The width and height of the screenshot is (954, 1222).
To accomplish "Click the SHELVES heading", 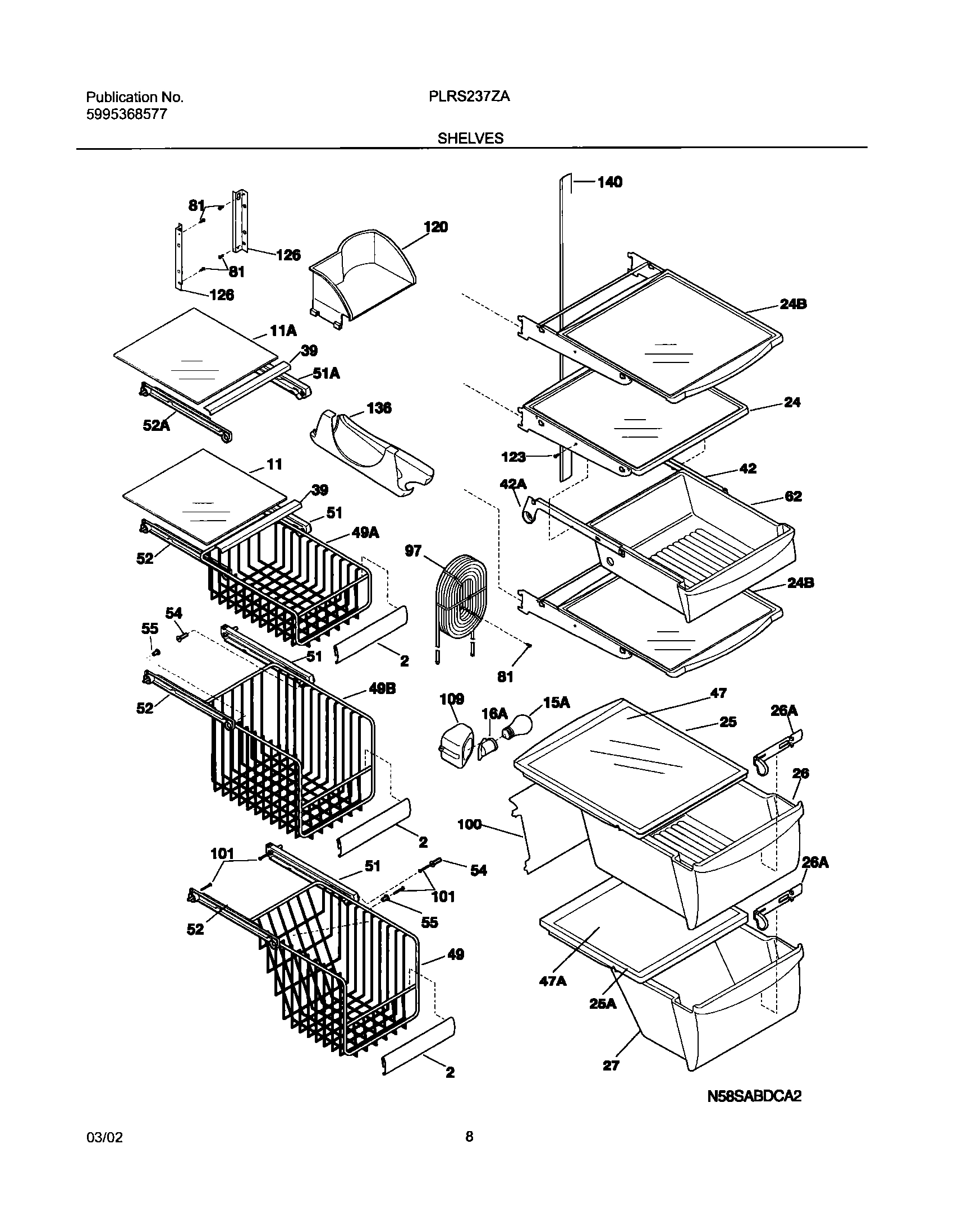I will [x=470, y=138].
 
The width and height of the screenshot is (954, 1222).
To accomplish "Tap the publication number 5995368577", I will [x=126, y=114].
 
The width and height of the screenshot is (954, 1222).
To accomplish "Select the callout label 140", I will [x=609, y=182].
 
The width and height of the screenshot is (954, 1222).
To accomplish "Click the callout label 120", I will [x=435, y=227].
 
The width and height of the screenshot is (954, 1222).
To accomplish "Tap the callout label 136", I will [x=379, y=408].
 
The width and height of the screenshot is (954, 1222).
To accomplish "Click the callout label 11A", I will [x=283, y=331].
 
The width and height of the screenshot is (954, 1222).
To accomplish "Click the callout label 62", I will [x=793, y=496].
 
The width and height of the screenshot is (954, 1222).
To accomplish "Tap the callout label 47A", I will [x=553, y=980].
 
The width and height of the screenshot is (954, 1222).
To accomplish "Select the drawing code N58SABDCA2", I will [x=754, y=1111].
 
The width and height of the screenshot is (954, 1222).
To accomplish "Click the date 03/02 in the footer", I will [x=104, y=1168].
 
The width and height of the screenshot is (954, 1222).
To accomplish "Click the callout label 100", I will [x=469, y=824].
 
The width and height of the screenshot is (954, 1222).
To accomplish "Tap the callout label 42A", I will [x=513, y=483].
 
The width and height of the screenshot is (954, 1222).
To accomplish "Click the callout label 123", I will [x=513, y=457].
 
